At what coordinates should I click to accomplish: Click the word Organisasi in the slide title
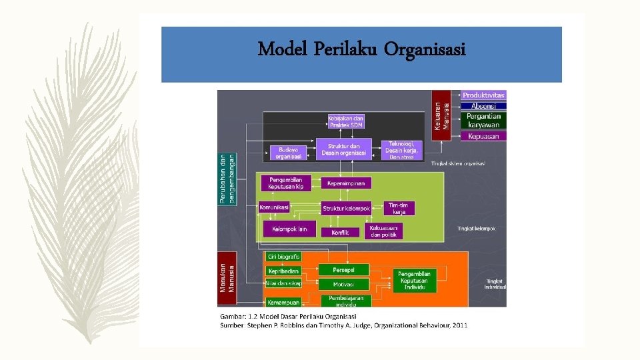point(424,49)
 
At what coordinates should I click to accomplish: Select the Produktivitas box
point(484,95)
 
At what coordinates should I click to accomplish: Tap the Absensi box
point(484,106)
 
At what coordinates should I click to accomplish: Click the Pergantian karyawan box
point(484,120)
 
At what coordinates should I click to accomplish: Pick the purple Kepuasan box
point(484,136)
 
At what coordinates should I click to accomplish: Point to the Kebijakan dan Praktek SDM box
point(346,122)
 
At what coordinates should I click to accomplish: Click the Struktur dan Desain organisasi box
point(344,149)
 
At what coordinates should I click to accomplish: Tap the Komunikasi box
point(275,207)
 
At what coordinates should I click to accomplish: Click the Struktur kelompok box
point(347,209)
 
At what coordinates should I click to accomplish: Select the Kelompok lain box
point(289,229)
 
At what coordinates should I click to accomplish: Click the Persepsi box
point(343,269)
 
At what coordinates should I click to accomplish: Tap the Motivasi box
point(343,284)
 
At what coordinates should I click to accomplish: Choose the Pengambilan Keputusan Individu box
point(414,281)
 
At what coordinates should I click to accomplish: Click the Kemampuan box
point(283,302)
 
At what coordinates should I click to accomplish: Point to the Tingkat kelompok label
point(476,229)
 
